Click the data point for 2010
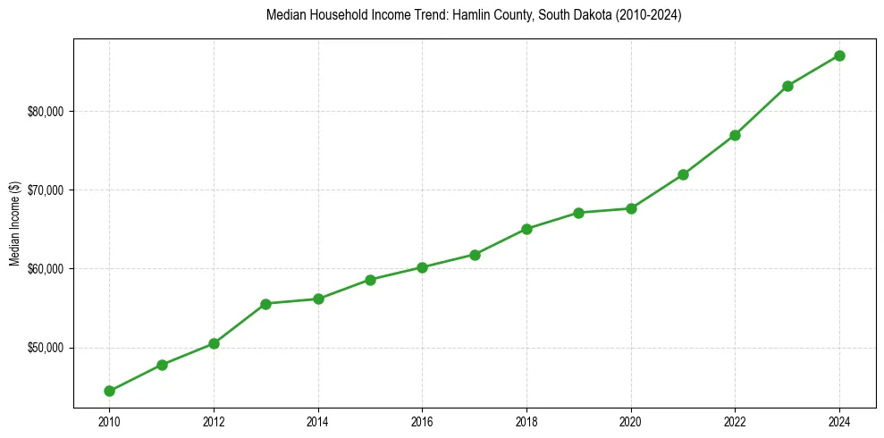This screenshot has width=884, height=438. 109,391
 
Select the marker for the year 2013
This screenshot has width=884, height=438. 265,304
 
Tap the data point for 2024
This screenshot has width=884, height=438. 839,55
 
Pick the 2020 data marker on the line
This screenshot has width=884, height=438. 631,208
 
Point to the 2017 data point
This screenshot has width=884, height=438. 475,255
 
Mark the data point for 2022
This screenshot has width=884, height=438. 735,135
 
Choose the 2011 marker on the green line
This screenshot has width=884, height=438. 162,365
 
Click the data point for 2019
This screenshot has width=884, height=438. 578,213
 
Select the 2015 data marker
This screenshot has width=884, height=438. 370,280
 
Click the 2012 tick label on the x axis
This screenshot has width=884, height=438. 214,420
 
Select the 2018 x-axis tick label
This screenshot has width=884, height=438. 526,420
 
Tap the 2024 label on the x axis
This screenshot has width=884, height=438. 839,420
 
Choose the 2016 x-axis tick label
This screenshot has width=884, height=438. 422,420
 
